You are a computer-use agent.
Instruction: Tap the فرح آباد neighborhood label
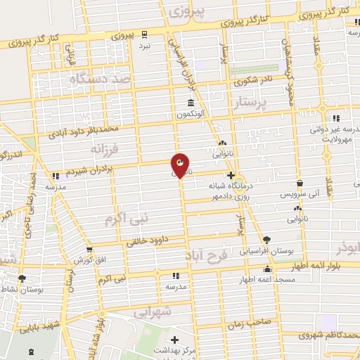click(207, 252)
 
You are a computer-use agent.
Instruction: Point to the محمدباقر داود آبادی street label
click(89, 129)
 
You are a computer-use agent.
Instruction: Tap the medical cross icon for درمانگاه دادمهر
click(231, 175)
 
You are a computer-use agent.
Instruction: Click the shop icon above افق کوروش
click(89, 249)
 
